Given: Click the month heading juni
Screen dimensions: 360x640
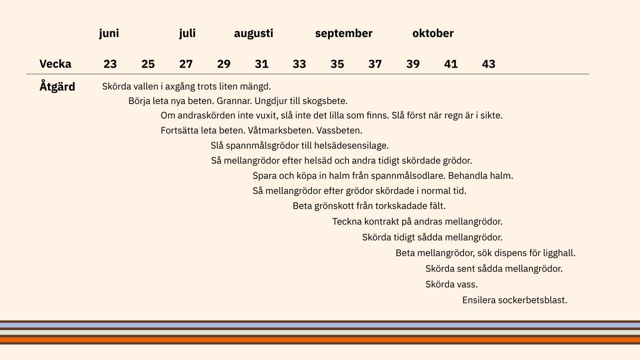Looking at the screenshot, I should point(109,33).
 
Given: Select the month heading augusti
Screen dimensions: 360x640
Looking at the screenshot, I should point(253,33).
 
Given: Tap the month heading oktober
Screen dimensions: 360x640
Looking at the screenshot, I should point(433,33).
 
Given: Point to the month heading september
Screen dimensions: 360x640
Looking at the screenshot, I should point(344,33).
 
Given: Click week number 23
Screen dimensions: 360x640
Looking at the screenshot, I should point(110,64).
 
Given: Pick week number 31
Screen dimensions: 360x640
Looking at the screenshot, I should point(261,64).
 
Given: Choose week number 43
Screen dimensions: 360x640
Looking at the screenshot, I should point(488,64).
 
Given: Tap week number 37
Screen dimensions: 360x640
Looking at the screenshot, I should point(375,64).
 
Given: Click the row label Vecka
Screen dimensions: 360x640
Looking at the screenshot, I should point(55,64).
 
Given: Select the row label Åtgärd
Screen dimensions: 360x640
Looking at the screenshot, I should point(57,87).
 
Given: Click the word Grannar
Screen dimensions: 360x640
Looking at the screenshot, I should point(234,101).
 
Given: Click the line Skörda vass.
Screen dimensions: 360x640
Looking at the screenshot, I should point(452,284).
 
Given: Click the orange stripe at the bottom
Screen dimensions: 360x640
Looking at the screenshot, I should point(320,340).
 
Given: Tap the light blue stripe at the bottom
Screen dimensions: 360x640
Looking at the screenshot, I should point(320,325).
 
